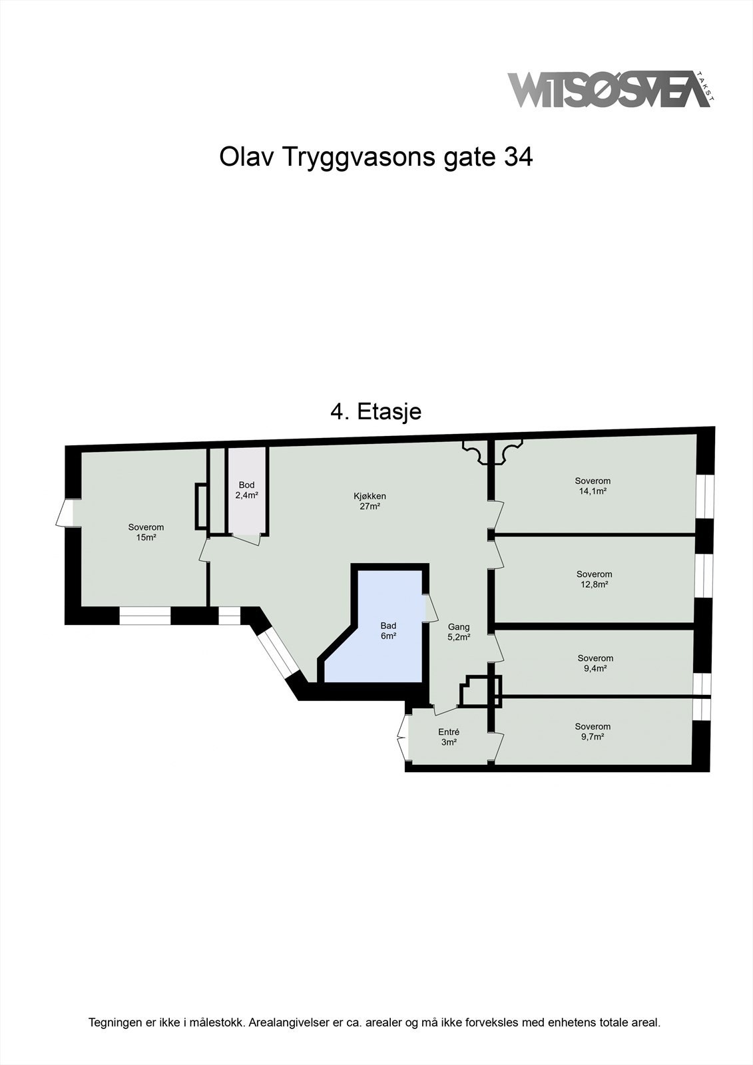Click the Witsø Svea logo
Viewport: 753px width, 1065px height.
point(609,89)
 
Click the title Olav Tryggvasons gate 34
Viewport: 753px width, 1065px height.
point(376,158)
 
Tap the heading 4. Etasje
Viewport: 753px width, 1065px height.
point(376,411)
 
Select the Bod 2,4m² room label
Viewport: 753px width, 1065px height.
point(246,490)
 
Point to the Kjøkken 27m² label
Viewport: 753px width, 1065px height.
point(370,501)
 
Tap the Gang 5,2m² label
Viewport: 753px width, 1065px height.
point(459,631)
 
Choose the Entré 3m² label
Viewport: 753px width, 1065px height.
point(448,737)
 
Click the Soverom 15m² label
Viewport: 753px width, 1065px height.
point(146,532)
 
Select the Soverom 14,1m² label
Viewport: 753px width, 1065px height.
point(593,486)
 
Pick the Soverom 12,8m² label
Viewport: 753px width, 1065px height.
point(594,579)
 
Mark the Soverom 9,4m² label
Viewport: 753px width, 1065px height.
point(595,663)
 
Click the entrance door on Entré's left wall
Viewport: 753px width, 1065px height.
point(402,737)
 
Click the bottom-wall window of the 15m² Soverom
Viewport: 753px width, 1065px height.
point(145,617)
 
